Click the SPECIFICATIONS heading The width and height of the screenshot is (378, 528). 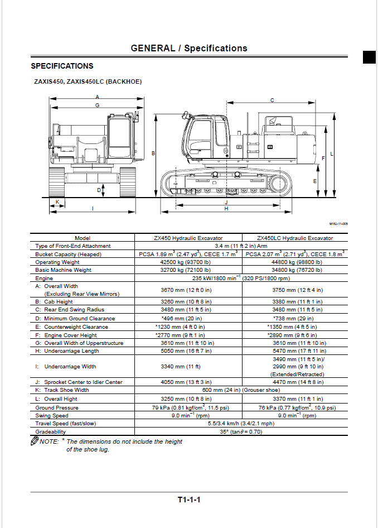click(x=62, y=66)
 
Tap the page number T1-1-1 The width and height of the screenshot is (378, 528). click(x=189, y=500)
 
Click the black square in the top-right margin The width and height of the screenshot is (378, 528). click(x=369, y=57)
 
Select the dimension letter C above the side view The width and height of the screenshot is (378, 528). click(x=272, y=100)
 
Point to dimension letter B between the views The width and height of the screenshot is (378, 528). click(x=153, y=153)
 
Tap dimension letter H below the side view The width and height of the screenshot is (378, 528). click(x=226, y=209)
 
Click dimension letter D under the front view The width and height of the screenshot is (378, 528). click(x=99, y=190)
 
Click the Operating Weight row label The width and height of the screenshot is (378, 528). click(x=57, y=262)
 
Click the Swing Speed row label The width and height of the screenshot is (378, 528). click(x=52, y=416)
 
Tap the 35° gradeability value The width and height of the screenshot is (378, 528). click(x=241, y=431)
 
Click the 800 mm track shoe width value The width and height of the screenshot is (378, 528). click(x=241, y=390)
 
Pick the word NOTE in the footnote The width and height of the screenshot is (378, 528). click(x=50, y=441)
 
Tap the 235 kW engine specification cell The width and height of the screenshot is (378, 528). click(x=241, y=278)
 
